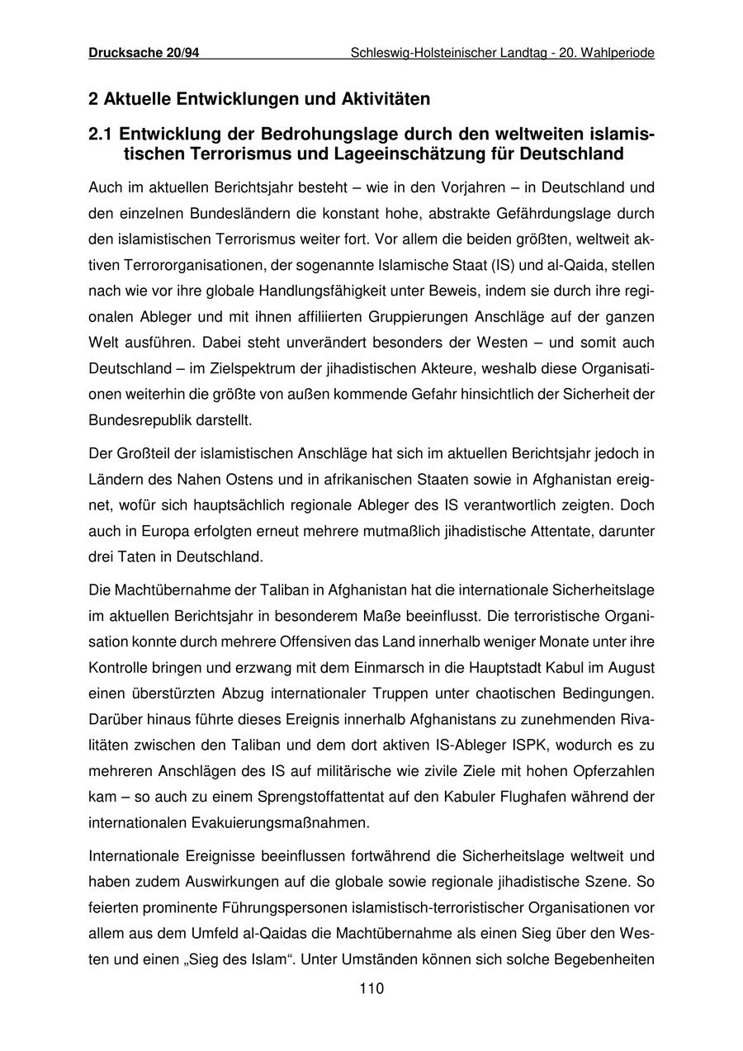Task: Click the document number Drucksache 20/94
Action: click(x=144, y=53)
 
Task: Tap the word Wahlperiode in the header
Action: click(x=618, y=53)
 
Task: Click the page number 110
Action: click(x=371, y=989)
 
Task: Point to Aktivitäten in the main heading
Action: click(x=385, y=99)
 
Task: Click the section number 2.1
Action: click(x=102, y=134)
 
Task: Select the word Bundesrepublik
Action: click(x=131, y=419)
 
